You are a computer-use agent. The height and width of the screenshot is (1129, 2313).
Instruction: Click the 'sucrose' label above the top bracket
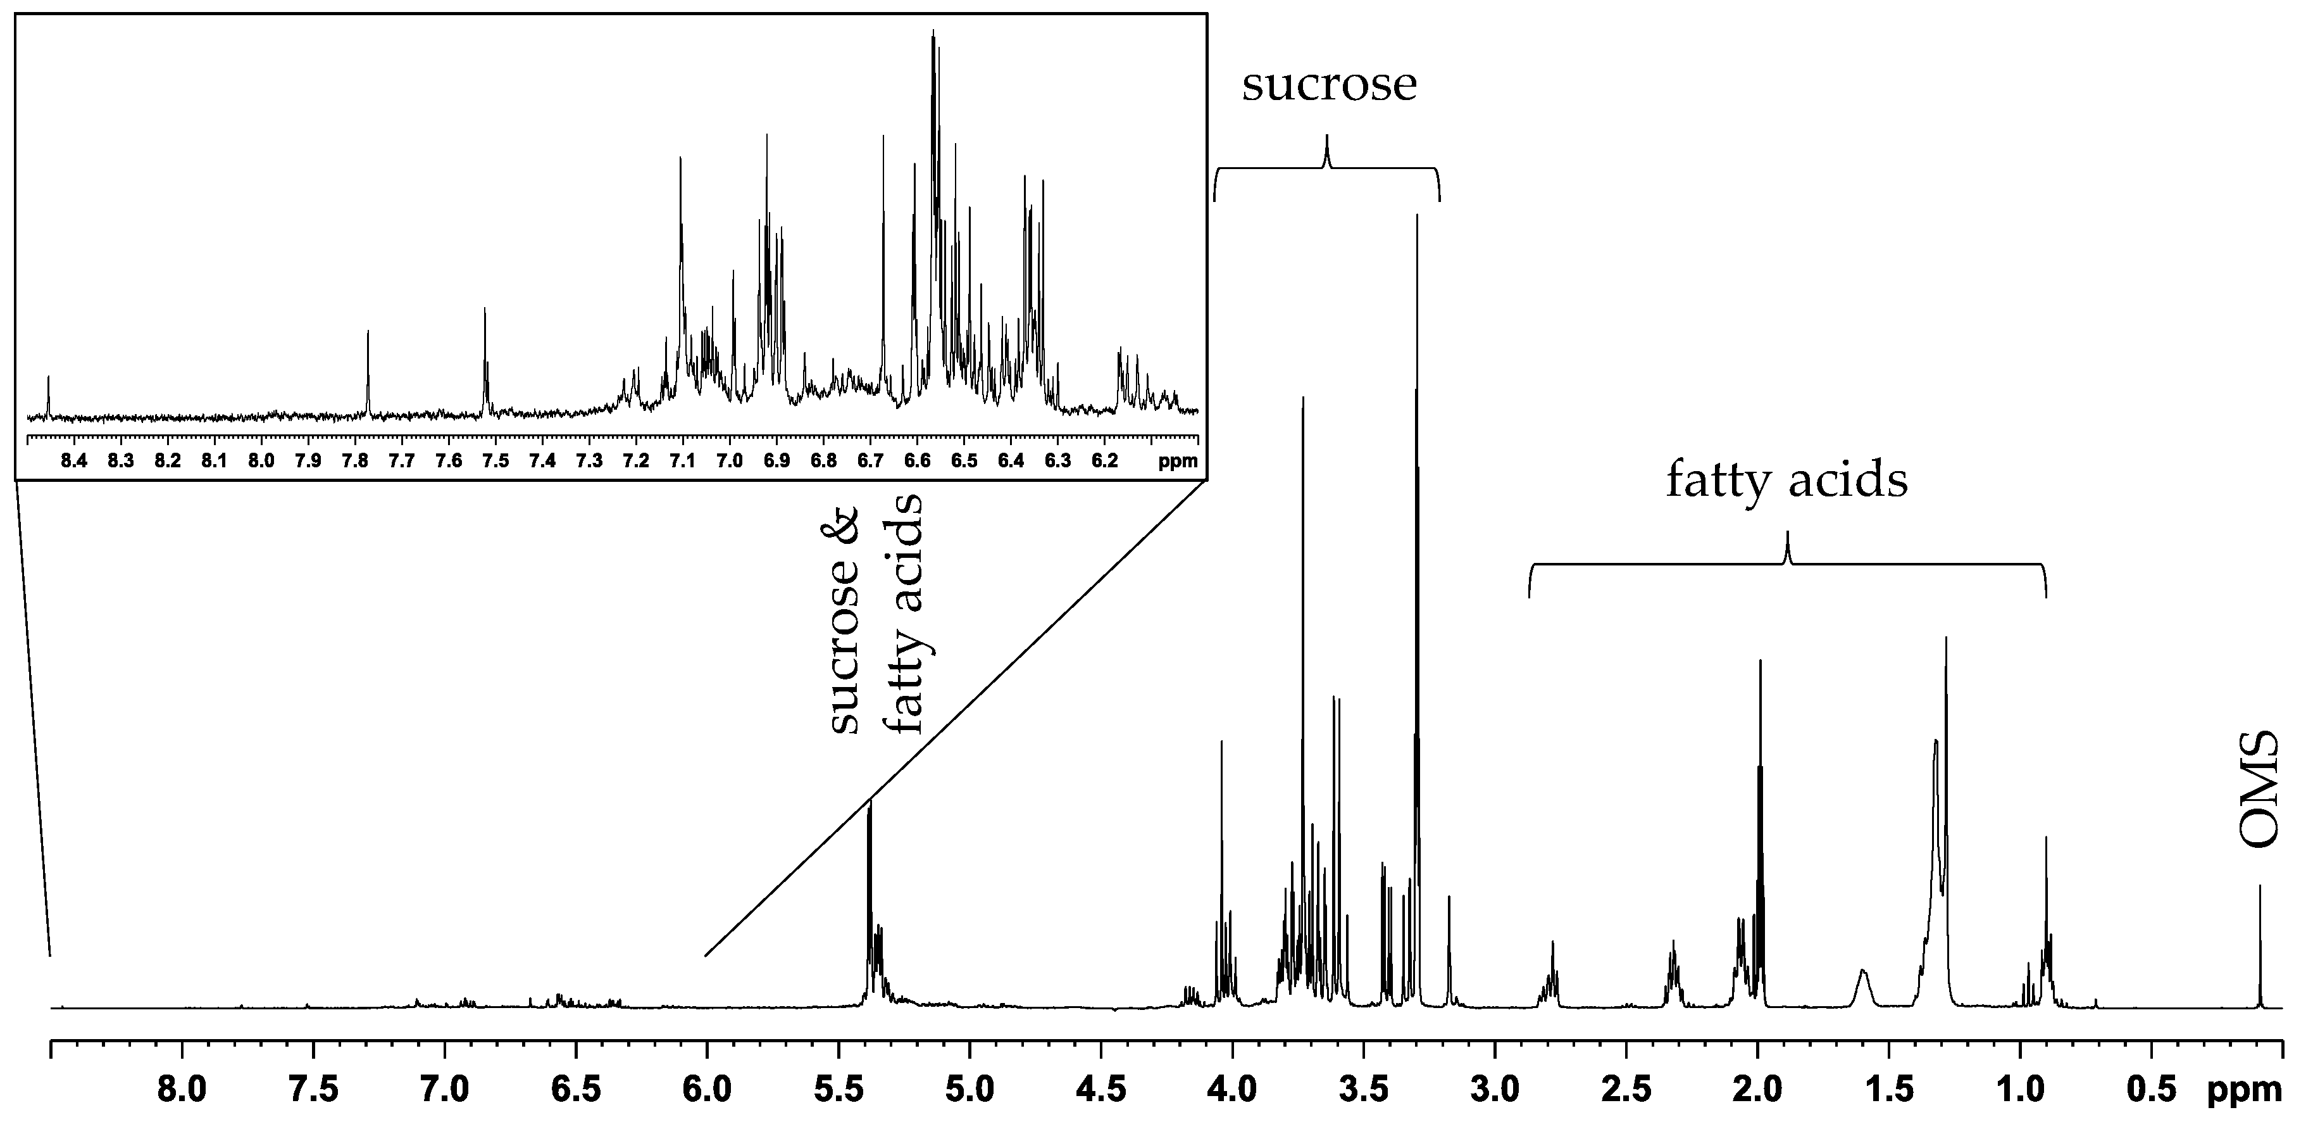(1329, 86)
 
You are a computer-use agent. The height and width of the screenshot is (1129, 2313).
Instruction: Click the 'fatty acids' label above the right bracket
(1787, 483)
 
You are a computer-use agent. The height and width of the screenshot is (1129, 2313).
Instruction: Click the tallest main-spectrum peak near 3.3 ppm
(1416, 220)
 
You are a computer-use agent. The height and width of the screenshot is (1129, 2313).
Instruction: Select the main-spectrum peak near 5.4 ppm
(868, 809)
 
